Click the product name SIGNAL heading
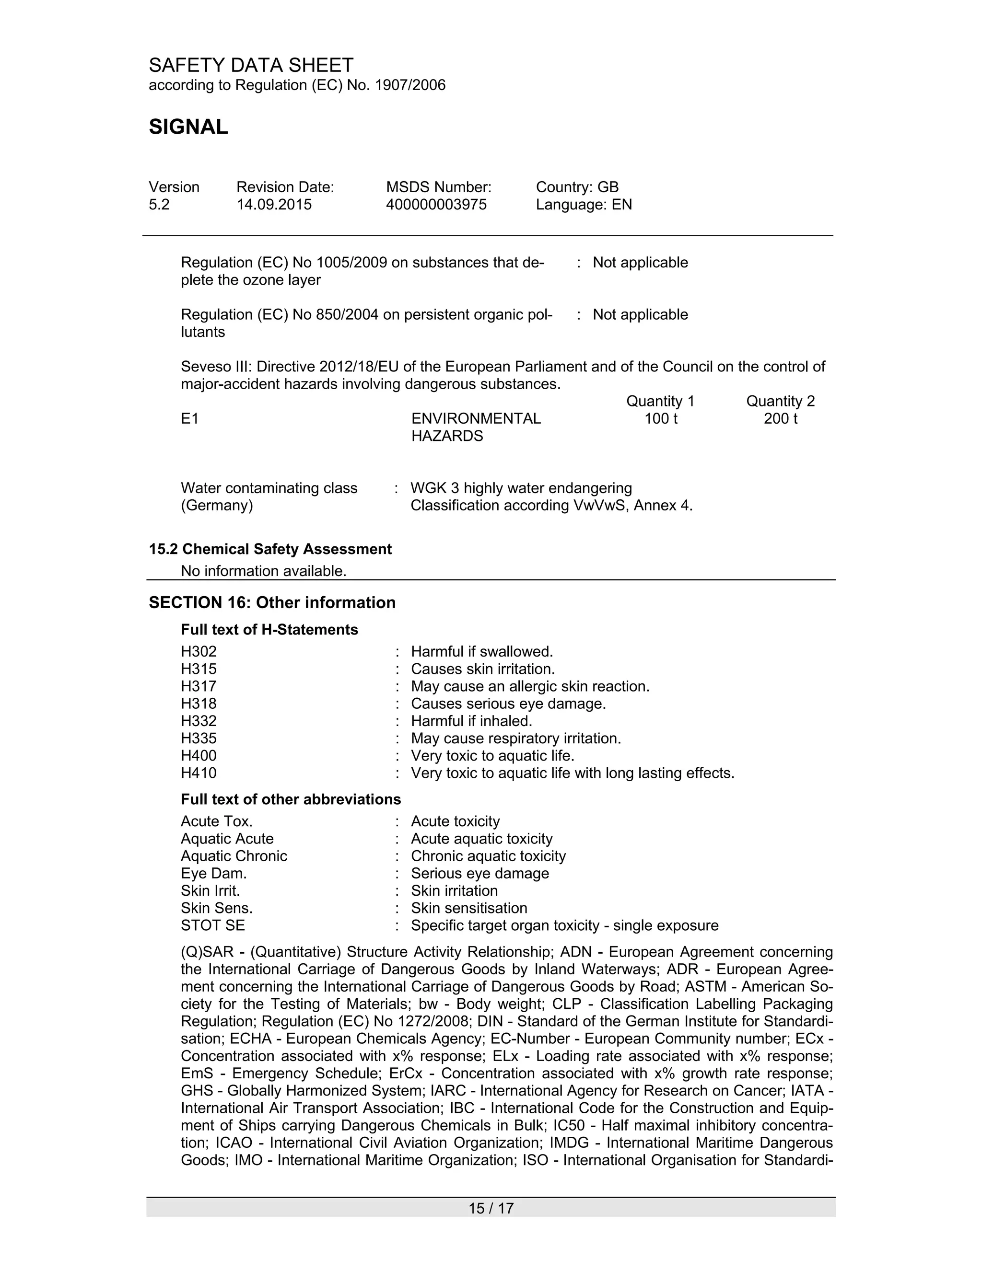pyautogui.click(x=188, y=127)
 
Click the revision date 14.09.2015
pyautogui.click(x=273, y=205)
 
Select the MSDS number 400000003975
pyautogui.click(x=436, y=205)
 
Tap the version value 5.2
pyautogui.click(x=159, y=205)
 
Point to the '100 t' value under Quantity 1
pyautogui.click(x=660, y=419)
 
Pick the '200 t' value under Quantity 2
pyautogui.click(x=780, y=419)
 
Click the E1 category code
pyautogui.click(x=190, y=419)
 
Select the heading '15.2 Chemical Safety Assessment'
pyautogui.click(x=270, y=549)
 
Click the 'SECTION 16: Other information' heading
pyautogui.click(x=272, y=602)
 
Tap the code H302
pyautogui.click(x=199, y=651)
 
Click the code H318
pyautogui.click(x=199, y=704)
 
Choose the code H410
pyautogui.click(x=199, y=773)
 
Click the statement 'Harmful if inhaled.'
pyautogui.click(x=471, y=721)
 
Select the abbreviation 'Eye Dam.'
pyautogui.click(x=213, y=873)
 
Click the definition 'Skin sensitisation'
pyautogui.click(x=469, y=908)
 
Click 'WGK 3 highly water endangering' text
pyautogui.click(x=521, y=488)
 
